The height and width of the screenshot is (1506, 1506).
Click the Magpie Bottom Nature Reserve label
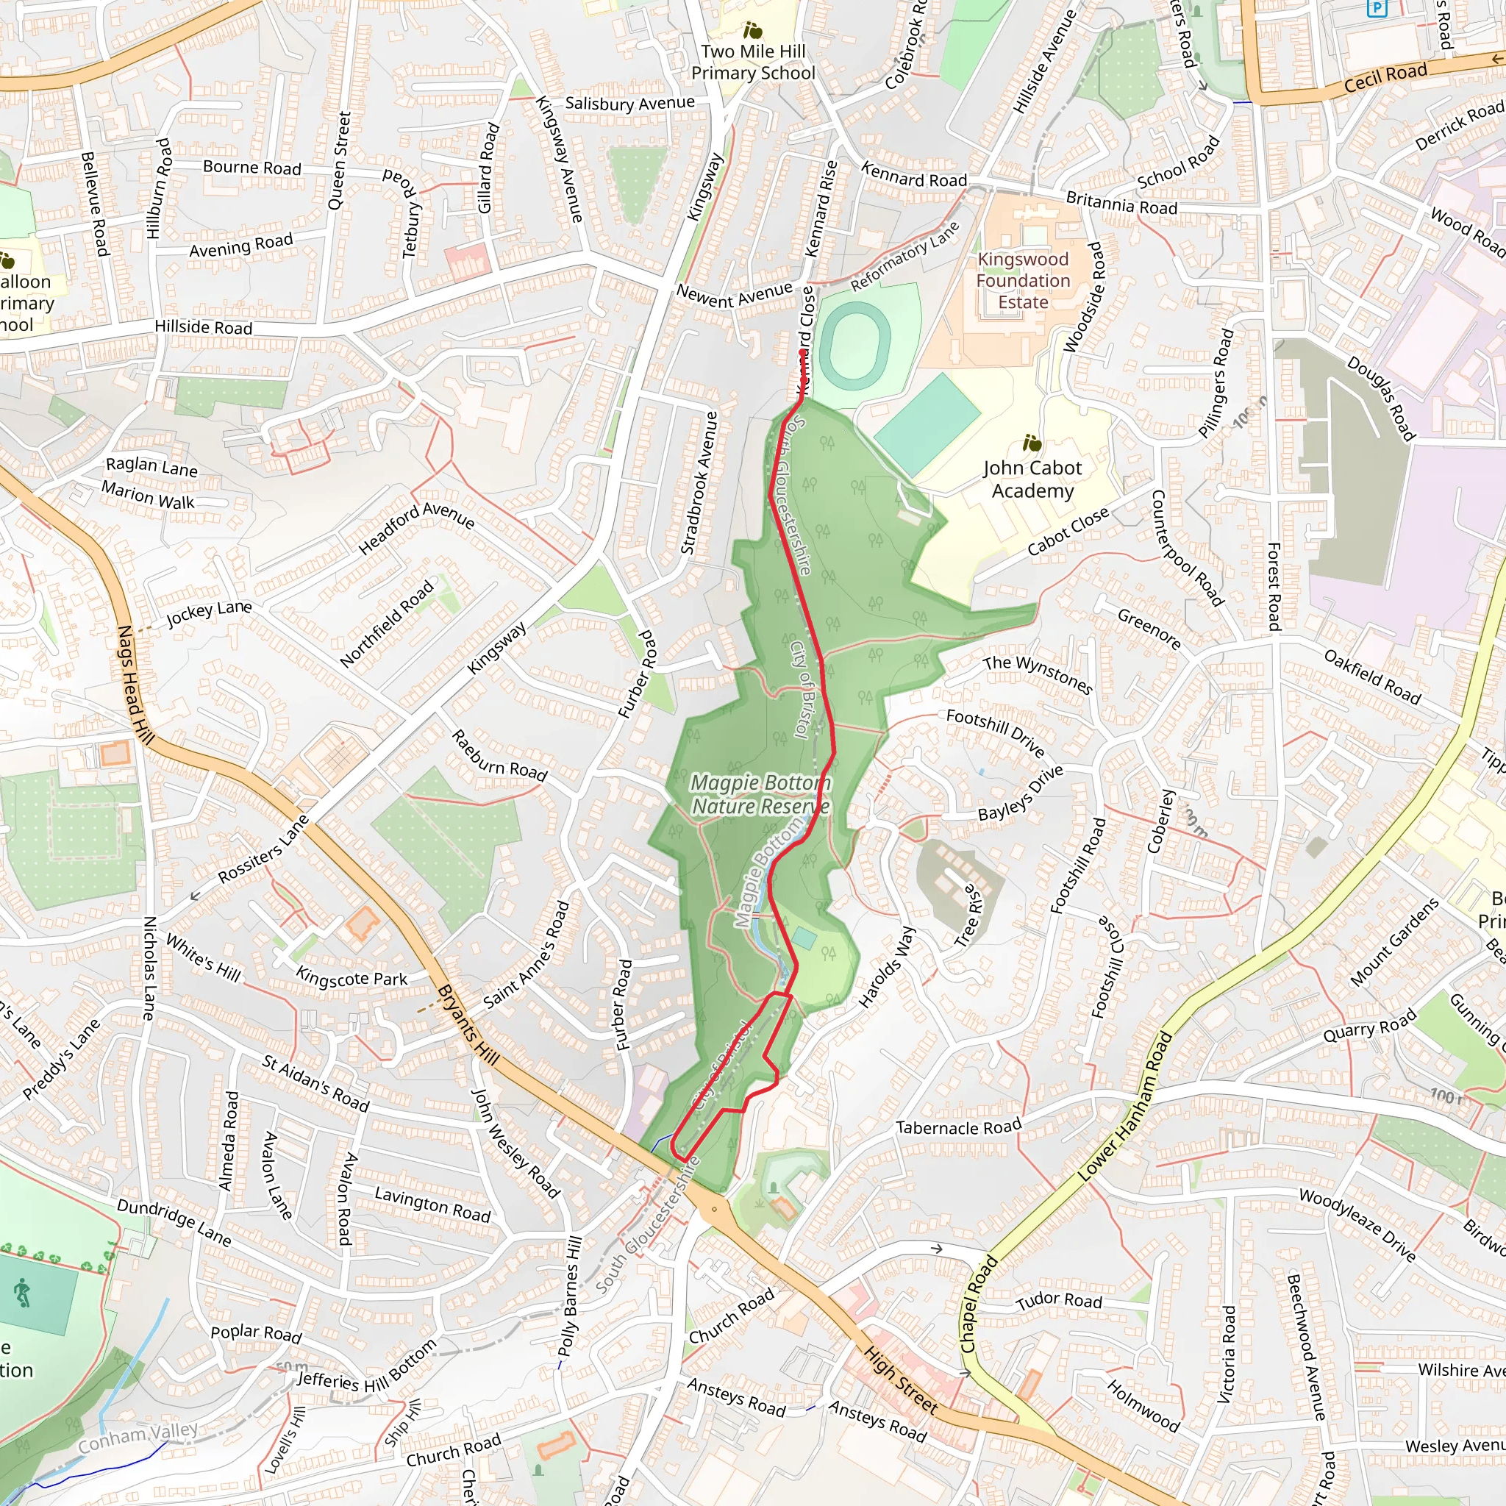(x=760, y=794)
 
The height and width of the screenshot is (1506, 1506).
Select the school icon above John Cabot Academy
(x=1032, y=443)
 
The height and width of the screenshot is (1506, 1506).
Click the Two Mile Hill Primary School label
(x=753, y=63)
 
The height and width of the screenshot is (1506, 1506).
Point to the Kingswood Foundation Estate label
(x=1023, y=281)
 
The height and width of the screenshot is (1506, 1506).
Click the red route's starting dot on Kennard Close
(x=802, y=353)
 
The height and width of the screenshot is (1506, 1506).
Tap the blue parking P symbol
(x=1377, y=9)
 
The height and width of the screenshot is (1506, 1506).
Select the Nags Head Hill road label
(x=135, y=685)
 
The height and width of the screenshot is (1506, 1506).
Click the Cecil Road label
(x=1385, y=77)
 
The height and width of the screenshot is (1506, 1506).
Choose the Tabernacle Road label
(x=958, y=1127)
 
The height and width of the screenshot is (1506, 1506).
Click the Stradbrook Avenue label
(x=699, y=483)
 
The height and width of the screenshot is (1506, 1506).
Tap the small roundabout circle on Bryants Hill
(x=714, y=1209)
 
